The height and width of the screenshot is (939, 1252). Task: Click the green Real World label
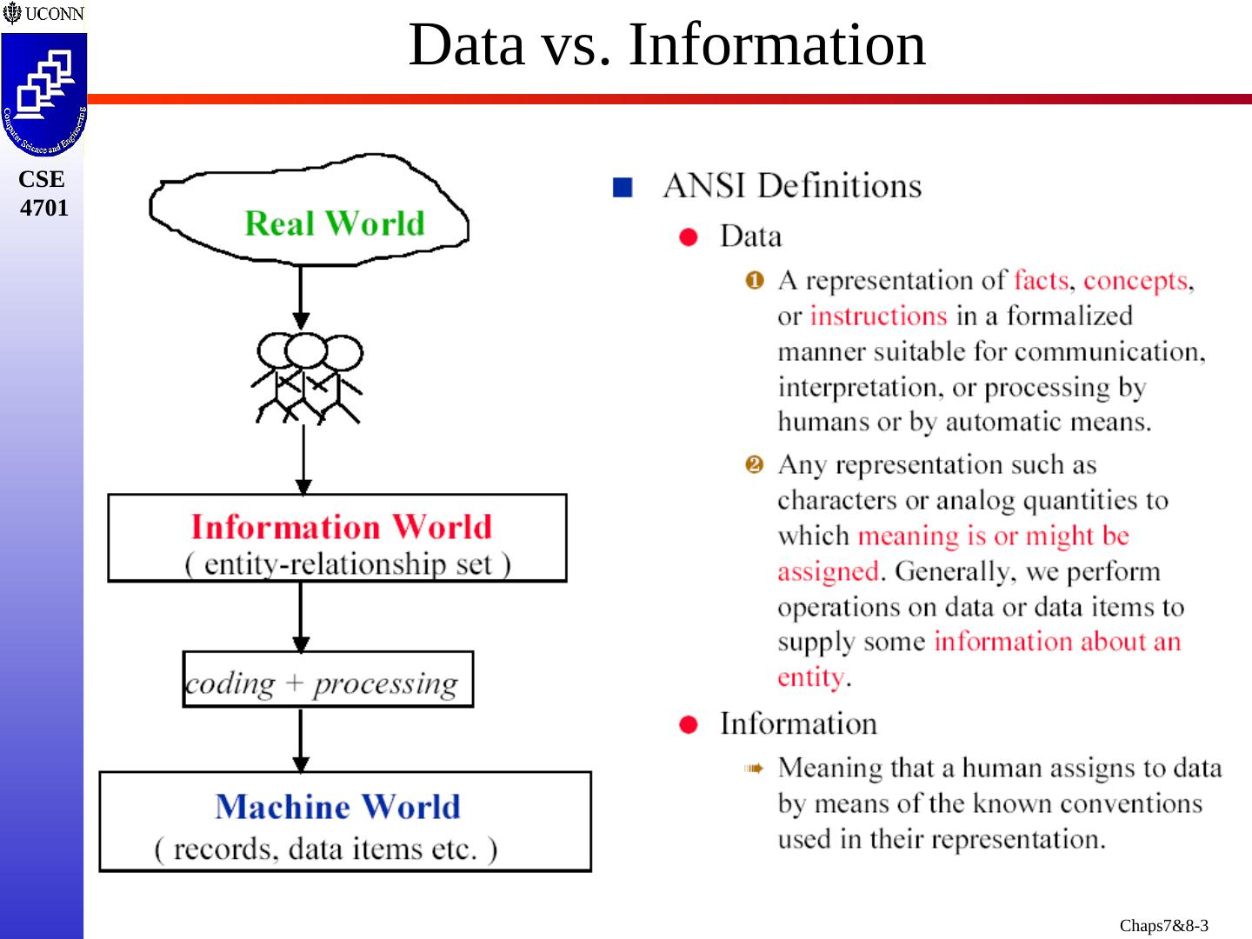[x=335, y=223]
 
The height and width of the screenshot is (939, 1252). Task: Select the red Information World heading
[x=341, y=527]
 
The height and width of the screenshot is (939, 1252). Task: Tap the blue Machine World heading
[x=337, y=807]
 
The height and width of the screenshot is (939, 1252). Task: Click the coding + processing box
[x=327, y=679]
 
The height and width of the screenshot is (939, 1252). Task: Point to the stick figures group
[x=307, y=378]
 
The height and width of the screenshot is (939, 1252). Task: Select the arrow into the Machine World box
[x=301, y=740]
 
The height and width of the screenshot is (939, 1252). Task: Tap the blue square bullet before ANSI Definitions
[x=622, y=187]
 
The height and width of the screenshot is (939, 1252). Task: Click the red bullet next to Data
[x=689, y=237]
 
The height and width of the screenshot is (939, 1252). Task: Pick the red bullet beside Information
[x=689, y=725]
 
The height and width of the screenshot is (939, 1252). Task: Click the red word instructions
[x=878, y=316]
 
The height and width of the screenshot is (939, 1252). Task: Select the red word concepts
[x=1135, y=280]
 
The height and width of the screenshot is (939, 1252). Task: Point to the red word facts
[x=1041, y=280]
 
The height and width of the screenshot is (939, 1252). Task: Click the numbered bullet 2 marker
[x=754, y=464]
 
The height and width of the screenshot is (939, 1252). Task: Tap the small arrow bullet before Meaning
[x=753, y=769]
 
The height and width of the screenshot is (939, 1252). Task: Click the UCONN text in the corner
[x=54, y=14]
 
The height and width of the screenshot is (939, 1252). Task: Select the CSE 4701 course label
[x=43, y=193]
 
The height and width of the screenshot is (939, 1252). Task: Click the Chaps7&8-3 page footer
[x=1163, y=925]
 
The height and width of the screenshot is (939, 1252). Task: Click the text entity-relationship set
[x=348, y=564]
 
